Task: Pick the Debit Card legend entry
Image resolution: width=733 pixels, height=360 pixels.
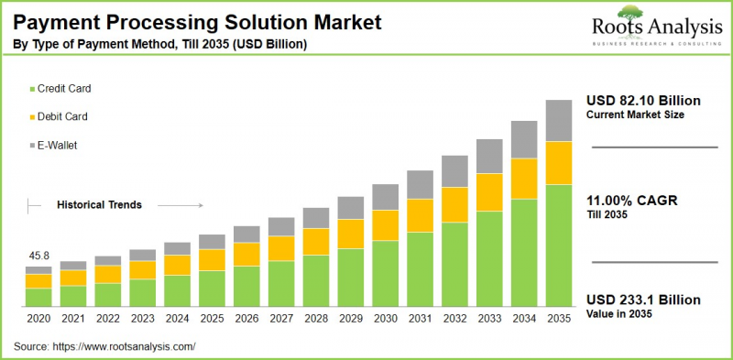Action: (x=61, y=116)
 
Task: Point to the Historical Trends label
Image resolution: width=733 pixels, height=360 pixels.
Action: (x=100, y=205)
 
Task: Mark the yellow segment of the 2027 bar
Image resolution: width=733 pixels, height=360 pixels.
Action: (x=281, y=248)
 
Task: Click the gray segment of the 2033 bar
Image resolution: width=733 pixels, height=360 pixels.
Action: (x=489, y=156)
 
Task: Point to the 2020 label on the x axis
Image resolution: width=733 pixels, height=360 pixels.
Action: (x=38, y=319)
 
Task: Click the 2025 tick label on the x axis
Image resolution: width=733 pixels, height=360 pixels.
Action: (x=212, y=319)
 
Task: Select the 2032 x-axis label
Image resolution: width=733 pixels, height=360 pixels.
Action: (x=455, y=319)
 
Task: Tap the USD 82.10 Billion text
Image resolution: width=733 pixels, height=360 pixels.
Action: (x=642, y=100)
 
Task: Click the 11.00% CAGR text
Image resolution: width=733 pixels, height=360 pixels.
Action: (x=633, y=201)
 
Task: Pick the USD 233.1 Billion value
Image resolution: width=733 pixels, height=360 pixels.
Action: (x=642, y=300)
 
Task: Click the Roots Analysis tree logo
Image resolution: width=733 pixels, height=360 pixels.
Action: (x=629, y=14)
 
